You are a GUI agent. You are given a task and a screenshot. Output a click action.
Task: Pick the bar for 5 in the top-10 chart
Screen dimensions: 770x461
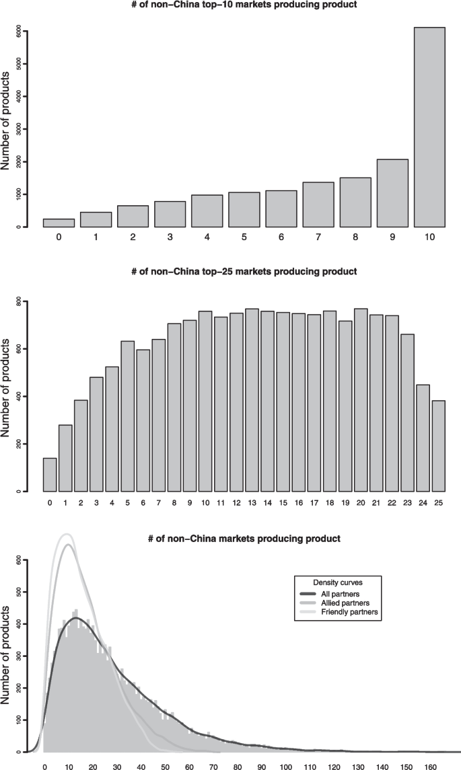click(x=244, y=210)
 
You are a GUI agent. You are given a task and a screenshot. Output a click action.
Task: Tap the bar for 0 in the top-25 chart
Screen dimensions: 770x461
click(x=50, y=475)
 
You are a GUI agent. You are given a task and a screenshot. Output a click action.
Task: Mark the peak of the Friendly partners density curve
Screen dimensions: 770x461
click(x=66, y=534)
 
